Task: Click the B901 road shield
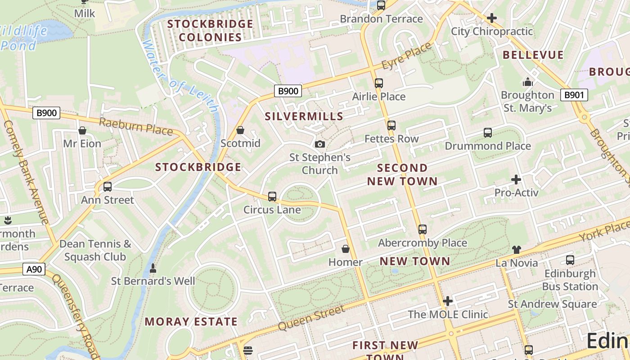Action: [x=574, y=94]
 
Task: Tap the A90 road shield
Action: [x=34, y=270]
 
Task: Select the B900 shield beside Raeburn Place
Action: [x=46, y=113]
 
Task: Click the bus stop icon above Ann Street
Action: [x=108, y=187]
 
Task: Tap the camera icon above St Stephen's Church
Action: [x=320, y=144]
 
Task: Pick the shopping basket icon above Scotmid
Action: [x=240, y=130]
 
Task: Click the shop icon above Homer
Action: [x=346, y=249]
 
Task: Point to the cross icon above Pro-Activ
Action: [x=516, y=180]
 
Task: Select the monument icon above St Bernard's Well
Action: [x=153, y=268]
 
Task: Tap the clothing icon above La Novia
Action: [x=516, y=250]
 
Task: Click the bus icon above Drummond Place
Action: [x=488, y=133]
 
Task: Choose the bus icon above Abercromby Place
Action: [x=422, y=229]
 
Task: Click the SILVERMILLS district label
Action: [x=304, y=117]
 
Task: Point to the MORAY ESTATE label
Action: [x=191, y=322]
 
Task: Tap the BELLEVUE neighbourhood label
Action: [x=533, y=55]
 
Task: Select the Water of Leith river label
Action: [x=180, y=76]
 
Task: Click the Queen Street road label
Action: [x=311, y=317]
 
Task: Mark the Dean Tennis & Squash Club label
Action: [x=95, y=250]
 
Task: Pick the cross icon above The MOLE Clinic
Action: [x=448, y=301]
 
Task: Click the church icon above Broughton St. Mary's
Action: [x=527, y=82]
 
